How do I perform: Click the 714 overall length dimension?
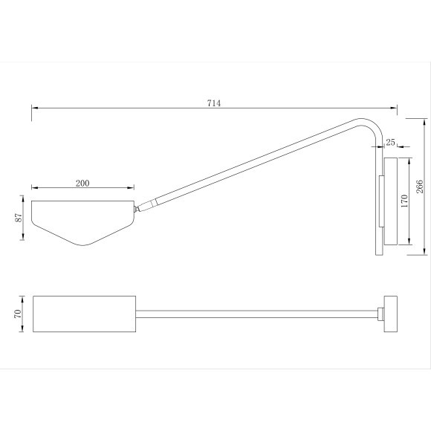click(x=213, y=103)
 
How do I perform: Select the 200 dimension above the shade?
click(x=83, y=183)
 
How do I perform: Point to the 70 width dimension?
click(x=18, y=314)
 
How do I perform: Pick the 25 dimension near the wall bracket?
click(x=391, y=140)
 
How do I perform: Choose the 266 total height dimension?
click(x=420, y=185)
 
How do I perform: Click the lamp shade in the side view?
click(x=82, y=218)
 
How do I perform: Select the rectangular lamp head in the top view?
click(x=83, y=314)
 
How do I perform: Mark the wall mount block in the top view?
click(x=391, y=314)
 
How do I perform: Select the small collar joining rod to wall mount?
click(x=381, y=314)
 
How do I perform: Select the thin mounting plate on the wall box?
click(x=381, y=201)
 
